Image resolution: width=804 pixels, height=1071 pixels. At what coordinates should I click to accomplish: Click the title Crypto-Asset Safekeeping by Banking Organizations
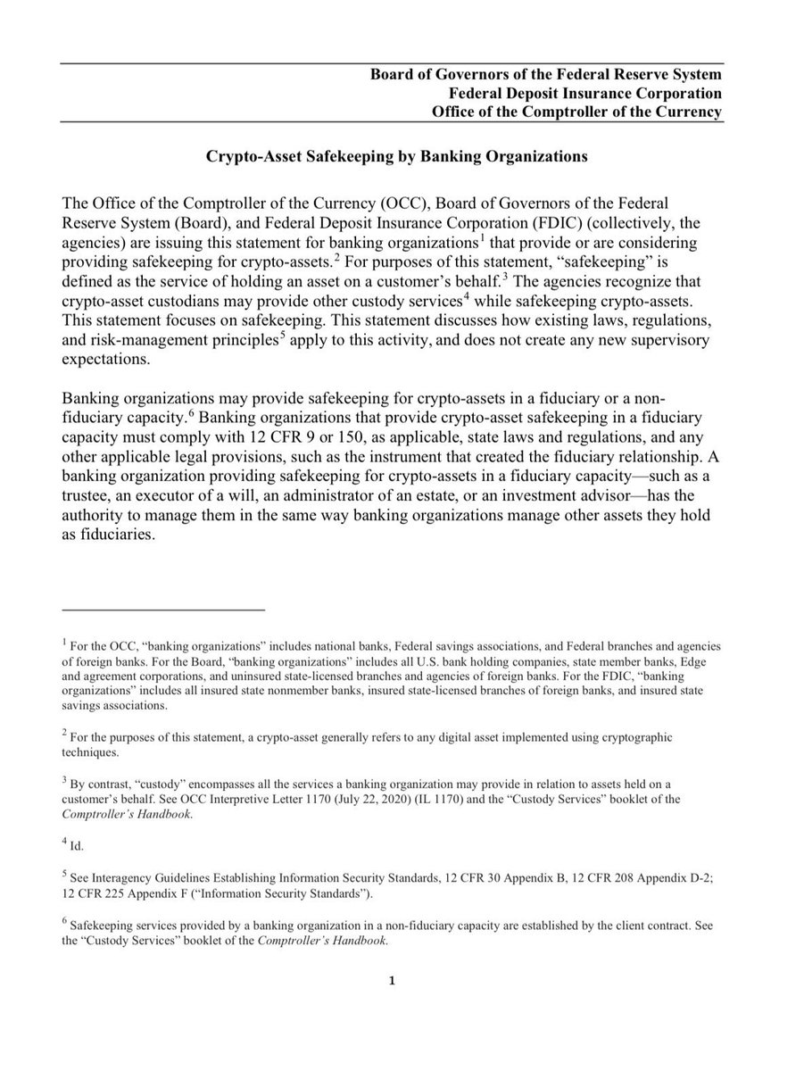tap(397, 156)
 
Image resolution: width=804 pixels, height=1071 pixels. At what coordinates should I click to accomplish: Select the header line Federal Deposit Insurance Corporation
tap(584, 93)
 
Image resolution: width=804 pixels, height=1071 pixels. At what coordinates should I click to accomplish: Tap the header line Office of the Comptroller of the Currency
tap(576, 112)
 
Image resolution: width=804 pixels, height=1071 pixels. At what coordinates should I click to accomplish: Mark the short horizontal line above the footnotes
tap(164, 610)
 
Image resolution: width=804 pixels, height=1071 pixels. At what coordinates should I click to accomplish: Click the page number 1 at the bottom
tap(392, 983)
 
